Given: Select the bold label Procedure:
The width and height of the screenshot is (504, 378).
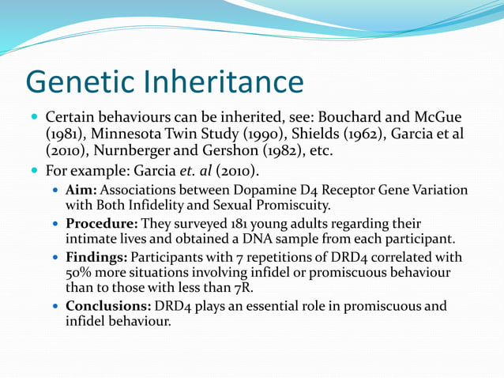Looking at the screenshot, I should [101, 224].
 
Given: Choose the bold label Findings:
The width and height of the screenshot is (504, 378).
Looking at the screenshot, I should [96, 258].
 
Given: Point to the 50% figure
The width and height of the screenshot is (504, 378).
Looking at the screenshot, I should [80, 273].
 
